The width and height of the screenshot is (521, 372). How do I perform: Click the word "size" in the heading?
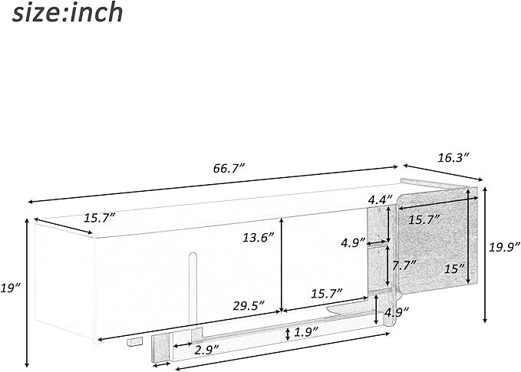click(37, 13)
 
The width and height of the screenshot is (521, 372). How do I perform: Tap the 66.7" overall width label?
click(229, 169)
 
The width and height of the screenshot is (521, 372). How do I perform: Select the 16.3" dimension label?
click(452, 158)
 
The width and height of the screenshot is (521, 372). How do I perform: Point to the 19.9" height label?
click(504, 247)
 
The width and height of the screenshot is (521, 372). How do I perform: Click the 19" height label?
click(11, 288)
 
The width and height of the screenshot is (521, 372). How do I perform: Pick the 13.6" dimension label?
click(258, 238)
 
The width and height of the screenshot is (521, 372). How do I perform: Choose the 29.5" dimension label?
click(249, 305)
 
